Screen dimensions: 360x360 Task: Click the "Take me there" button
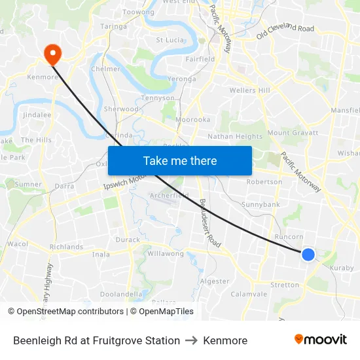click(180, 160)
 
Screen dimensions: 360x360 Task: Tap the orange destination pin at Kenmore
click(50, 52)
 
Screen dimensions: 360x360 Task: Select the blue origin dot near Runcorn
click(308, 254)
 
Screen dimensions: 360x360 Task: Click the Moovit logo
click(321, 340)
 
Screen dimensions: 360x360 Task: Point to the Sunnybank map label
click(261, 204)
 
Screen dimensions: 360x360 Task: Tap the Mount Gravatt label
click(293, 132)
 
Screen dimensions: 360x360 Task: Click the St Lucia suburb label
click(169, 40)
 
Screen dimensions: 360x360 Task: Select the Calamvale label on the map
click(249, 294)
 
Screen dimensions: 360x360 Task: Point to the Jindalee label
click(37, 115)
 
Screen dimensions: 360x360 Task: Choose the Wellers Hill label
click(249, 90)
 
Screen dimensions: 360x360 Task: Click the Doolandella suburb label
click(121, 295)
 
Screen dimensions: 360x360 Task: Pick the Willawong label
click(166, 253)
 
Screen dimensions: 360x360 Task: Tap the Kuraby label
click(342, 268)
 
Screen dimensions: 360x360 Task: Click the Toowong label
click(138, 12)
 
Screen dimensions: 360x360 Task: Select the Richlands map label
click(66, 247)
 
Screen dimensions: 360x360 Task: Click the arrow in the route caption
click(191, 340)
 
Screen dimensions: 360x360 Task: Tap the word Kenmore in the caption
click(225, 340)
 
